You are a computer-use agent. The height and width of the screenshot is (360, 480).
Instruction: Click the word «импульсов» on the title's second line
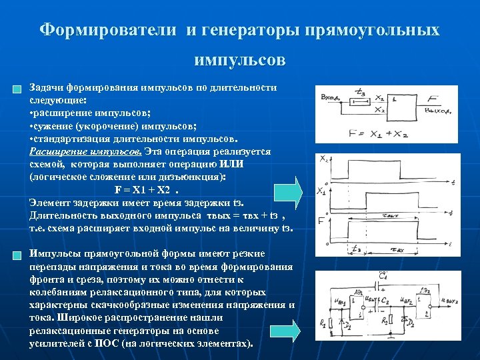[x=240, y=61]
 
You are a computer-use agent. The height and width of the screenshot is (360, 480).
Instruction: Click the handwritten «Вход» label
[x=331, y=99]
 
